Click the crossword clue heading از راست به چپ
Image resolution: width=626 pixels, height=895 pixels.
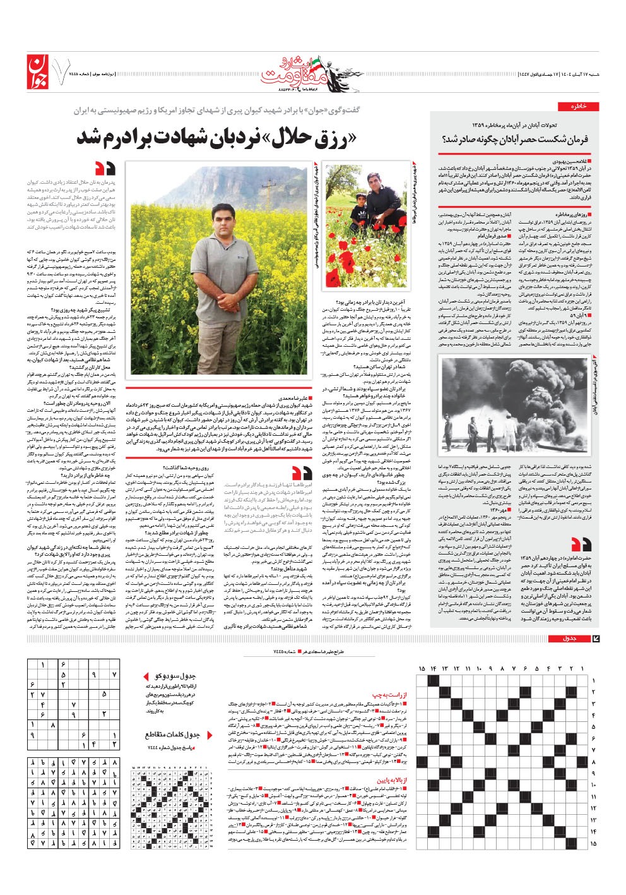(x=394, y=695)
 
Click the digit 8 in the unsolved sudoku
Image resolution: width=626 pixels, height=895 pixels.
(x=53, y=726)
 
